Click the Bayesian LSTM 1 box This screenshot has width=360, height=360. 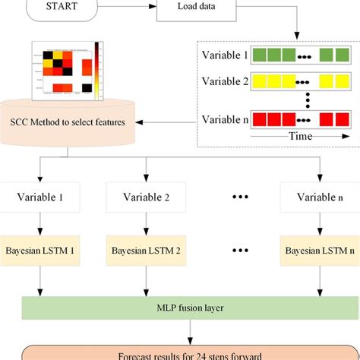(46, 249)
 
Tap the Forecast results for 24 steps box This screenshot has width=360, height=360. (180, 352)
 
